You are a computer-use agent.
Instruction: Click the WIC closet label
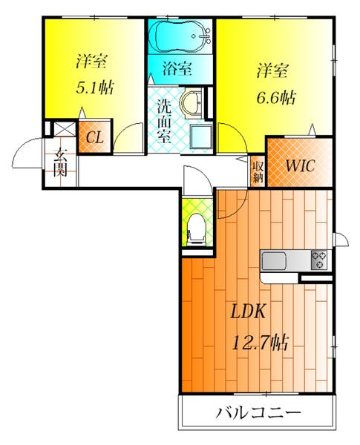point(298,165)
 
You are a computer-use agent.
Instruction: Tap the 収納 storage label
point(257,171)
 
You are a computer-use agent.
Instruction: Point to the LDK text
point(246,311)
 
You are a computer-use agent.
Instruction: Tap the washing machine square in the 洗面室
point(200,136)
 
